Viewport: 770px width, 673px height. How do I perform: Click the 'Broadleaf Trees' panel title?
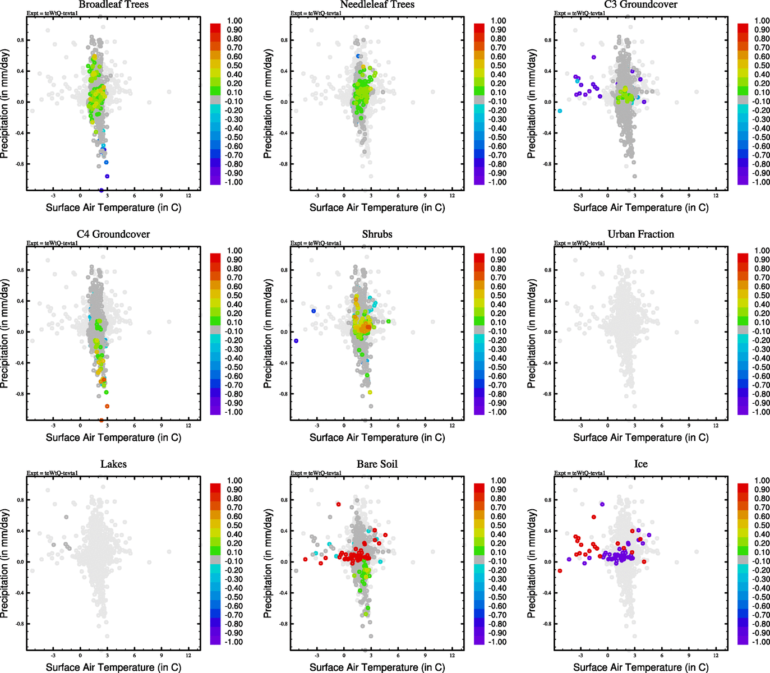[x=113, y=4]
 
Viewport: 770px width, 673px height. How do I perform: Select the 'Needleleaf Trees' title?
[x=377, y=4]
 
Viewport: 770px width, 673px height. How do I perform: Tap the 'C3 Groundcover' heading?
[x=640, y=4]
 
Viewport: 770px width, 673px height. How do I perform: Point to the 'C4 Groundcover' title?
[x=113, y=234]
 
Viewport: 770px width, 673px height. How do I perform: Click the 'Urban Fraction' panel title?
[x=640, y=234]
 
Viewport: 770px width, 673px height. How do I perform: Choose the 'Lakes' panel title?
[x=113, y=464]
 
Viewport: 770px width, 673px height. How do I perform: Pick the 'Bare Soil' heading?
[x=377, y=464]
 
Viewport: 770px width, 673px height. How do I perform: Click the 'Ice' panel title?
[x=640, y=464]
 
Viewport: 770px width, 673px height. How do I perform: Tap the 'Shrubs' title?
[x=377, y=234]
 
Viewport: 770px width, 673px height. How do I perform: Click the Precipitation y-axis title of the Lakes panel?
[x=6, y=563]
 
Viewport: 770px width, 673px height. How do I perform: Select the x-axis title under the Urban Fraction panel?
[x=640, y=437]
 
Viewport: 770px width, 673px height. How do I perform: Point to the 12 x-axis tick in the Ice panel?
[x=716, y=655]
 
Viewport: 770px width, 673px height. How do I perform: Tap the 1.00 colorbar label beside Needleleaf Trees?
[x=498, y=21]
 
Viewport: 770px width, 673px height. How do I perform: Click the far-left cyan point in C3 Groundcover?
[x=560, y=111]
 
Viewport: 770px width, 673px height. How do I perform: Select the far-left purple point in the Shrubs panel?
[x=296, y=341]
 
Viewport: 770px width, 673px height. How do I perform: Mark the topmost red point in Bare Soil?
[x=339, y=504]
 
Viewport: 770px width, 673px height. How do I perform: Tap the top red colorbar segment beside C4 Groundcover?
[x=215, y=257]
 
